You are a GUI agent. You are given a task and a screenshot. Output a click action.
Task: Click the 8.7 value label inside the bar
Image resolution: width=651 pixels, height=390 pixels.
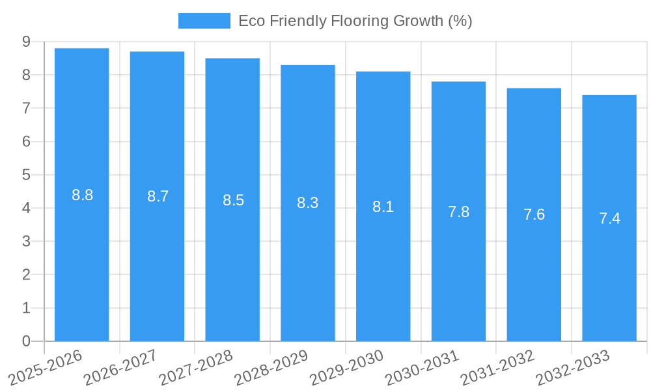158,196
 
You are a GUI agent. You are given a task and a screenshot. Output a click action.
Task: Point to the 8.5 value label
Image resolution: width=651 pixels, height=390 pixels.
233,200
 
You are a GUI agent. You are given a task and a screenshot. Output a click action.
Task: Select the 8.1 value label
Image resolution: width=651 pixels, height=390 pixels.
383,207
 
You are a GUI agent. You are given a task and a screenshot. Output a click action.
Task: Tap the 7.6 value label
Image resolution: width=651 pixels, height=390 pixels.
534,214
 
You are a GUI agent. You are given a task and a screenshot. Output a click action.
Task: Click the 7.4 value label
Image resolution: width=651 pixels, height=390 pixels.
609,218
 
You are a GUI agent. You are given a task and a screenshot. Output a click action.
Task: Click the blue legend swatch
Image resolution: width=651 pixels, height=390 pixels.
204,21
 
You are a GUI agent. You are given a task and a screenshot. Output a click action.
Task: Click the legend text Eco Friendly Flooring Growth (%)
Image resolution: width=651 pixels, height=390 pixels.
355,21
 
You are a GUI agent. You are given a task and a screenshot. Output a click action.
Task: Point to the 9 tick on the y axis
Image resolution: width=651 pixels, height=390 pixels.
26,42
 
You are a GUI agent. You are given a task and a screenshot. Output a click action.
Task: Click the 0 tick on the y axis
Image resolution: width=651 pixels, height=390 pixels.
26,341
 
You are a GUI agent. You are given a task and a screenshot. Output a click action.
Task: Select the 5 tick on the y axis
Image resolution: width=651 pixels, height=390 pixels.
26,175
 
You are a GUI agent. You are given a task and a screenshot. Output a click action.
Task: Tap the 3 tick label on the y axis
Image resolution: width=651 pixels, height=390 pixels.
26,241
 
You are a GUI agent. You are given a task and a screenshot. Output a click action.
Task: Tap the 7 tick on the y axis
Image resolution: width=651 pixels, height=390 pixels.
26,108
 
